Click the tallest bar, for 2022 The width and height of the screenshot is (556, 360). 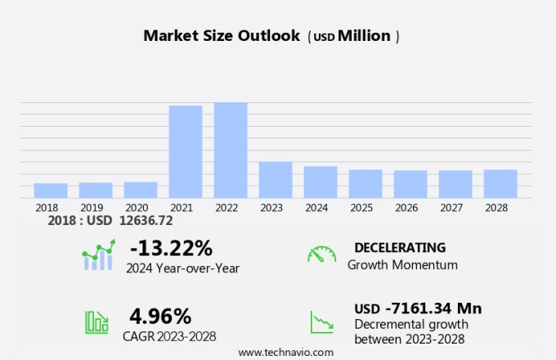[231, 150]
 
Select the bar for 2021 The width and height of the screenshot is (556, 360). [186, 151]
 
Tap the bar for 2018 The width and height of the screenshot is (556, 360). [51, 190]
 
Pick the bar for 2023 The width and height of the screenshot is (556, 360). [276, 179]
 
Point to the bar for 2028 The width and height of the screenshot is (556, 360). [500, 183]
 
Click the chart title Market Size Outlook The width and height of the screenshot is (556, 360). [222, 36]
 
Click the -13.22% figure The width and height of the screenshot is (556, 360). [171, 247]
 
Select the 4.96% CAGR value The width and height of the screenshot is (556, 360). [160, 316]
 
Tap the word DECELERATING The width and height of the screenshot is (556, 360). [400, 248]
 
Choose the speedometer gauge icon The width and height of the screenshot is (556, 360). [321, 254]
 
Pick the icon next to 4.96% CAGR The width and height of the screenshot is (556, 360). [97, 322]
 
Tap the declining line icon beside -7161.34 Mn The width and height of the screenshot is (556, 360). [321, 322]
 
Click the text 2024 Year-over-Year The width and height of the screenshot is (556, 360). [182, 267]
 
